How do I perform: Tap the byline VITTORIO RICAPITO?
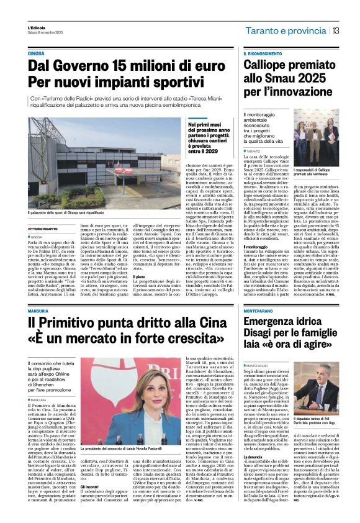(46, 228)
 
